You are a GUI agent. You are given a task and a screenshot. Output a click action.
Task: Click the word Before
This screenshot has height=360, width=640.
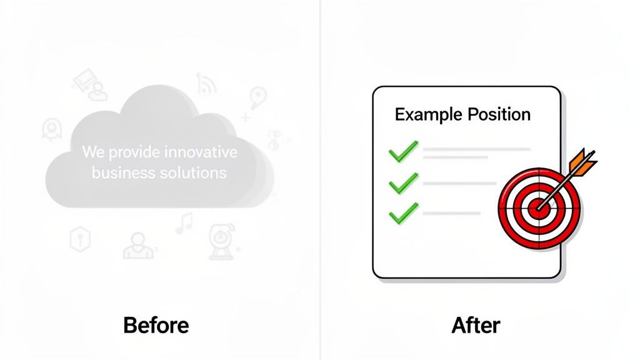click(156, 325)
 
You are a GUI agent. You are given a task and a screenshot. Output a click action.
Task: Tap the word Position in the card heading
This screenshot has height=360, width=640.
click(499, 115)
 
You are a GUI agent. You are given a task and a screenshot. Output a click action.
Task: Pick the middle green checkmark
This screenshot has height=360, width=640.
click(402, 184)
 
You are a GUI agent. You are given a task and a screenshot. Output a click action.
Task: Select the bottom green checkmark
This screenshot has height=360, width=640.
click(402, 214)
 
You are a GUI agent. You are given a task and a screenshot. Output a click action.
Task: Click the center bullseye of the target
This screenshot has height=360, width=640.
click(537, 207)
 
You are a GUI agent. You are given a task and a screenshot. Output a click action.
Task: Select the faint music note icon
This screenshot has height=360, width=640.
click(184, 223)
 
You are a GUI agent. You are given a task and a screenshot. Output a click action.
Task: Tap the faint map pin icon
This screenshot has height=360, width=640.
click(257, 97)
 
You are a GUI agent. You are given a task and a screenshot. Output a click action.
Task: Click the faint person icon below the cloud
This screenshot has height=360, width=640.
click(138, 245)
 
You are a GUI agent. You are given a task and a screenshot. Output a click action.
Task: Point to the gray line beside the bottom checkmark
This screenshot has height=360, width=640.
click(452, 214)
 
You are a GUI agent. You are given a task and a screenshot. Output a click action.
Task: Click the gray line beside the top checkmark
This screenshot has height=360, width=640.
click(477, 151)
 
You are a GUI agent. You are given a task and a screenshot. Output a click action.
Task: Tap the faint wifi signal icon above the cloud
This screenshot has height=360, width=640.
click(206, 82)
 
